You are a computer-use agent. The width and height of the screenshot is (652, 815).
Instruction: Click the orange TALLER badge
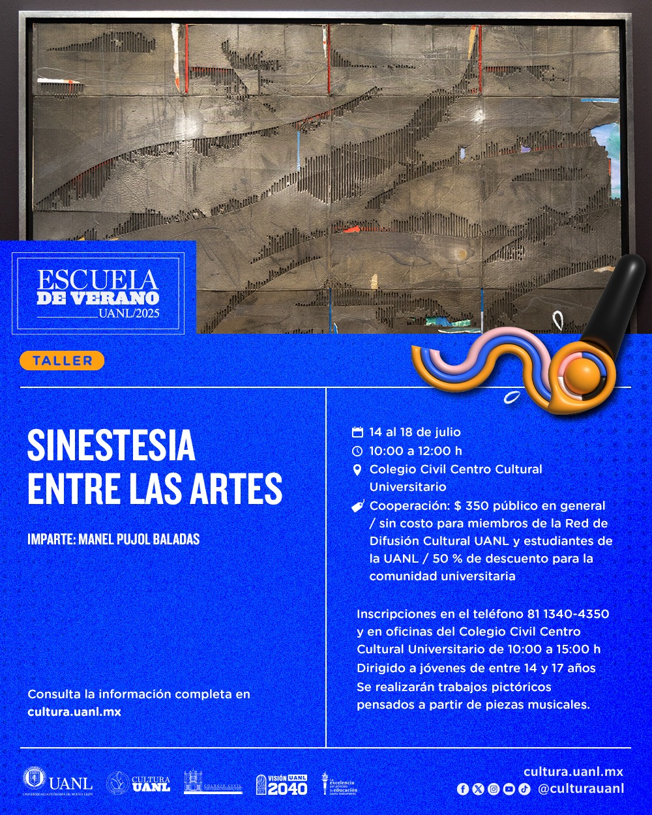62,361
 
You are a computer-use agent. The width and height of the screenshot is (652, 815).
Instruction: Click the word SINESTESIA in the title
111,446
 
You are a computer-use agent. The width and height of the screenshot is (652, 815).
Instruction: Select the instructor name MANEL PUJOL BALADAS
113,540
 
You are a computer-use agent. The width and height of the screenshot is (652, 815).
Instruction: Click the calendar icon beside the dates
357,432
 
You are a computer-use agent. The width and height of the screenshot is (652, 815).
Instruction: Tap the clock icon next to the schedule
357,451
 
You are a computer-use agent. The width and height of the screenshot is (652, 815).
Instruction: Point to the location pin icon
357,469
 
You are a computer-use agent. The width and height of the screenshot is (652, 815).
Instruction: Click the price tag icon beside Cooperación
357,506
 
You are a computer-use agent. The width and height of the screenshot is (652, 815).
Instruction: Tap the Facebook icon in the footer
463,789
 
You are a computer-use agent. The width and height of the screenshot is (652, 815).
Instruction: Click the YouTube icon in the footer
509,789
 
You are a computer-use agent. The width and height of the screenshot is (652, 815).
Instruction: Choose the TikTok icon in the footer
524,789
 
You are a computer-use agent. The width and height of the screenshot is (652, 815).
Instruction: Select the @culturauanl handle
581,789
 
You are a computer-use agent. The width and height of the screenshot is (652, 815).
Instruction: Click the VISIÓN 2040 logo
281,784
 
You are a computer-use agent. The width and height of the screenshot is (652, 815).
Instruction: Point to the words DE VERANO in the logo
98,298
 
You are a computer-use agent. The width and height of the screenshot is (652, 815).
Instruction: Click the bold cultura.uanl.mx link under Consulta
74,712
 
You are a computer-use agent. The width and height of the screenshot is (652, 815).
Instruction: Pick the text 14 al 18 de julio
415,432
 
